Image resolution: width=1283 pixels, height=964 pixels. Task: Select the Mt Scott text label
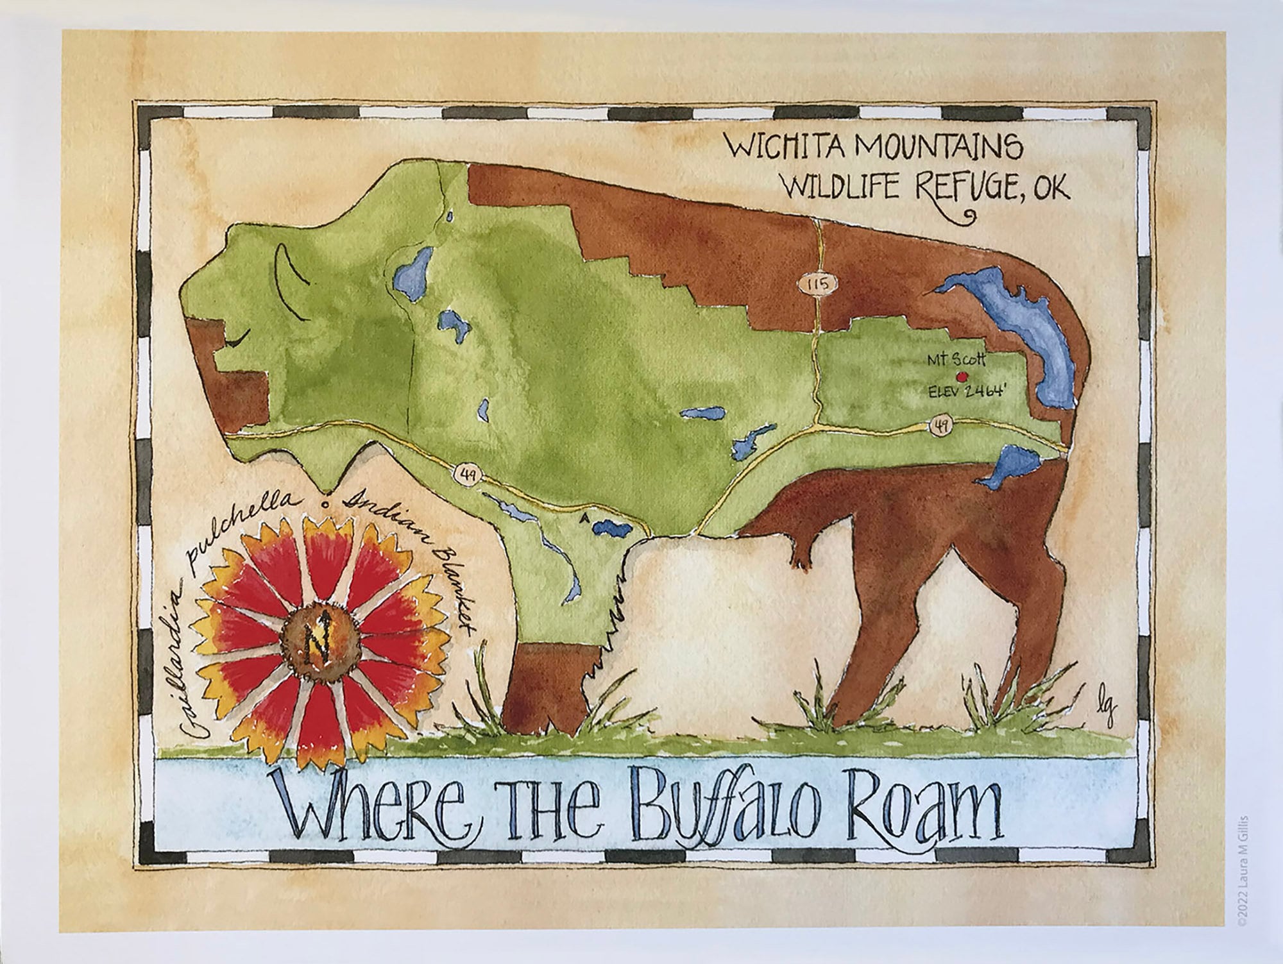[x=953, y=362]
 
